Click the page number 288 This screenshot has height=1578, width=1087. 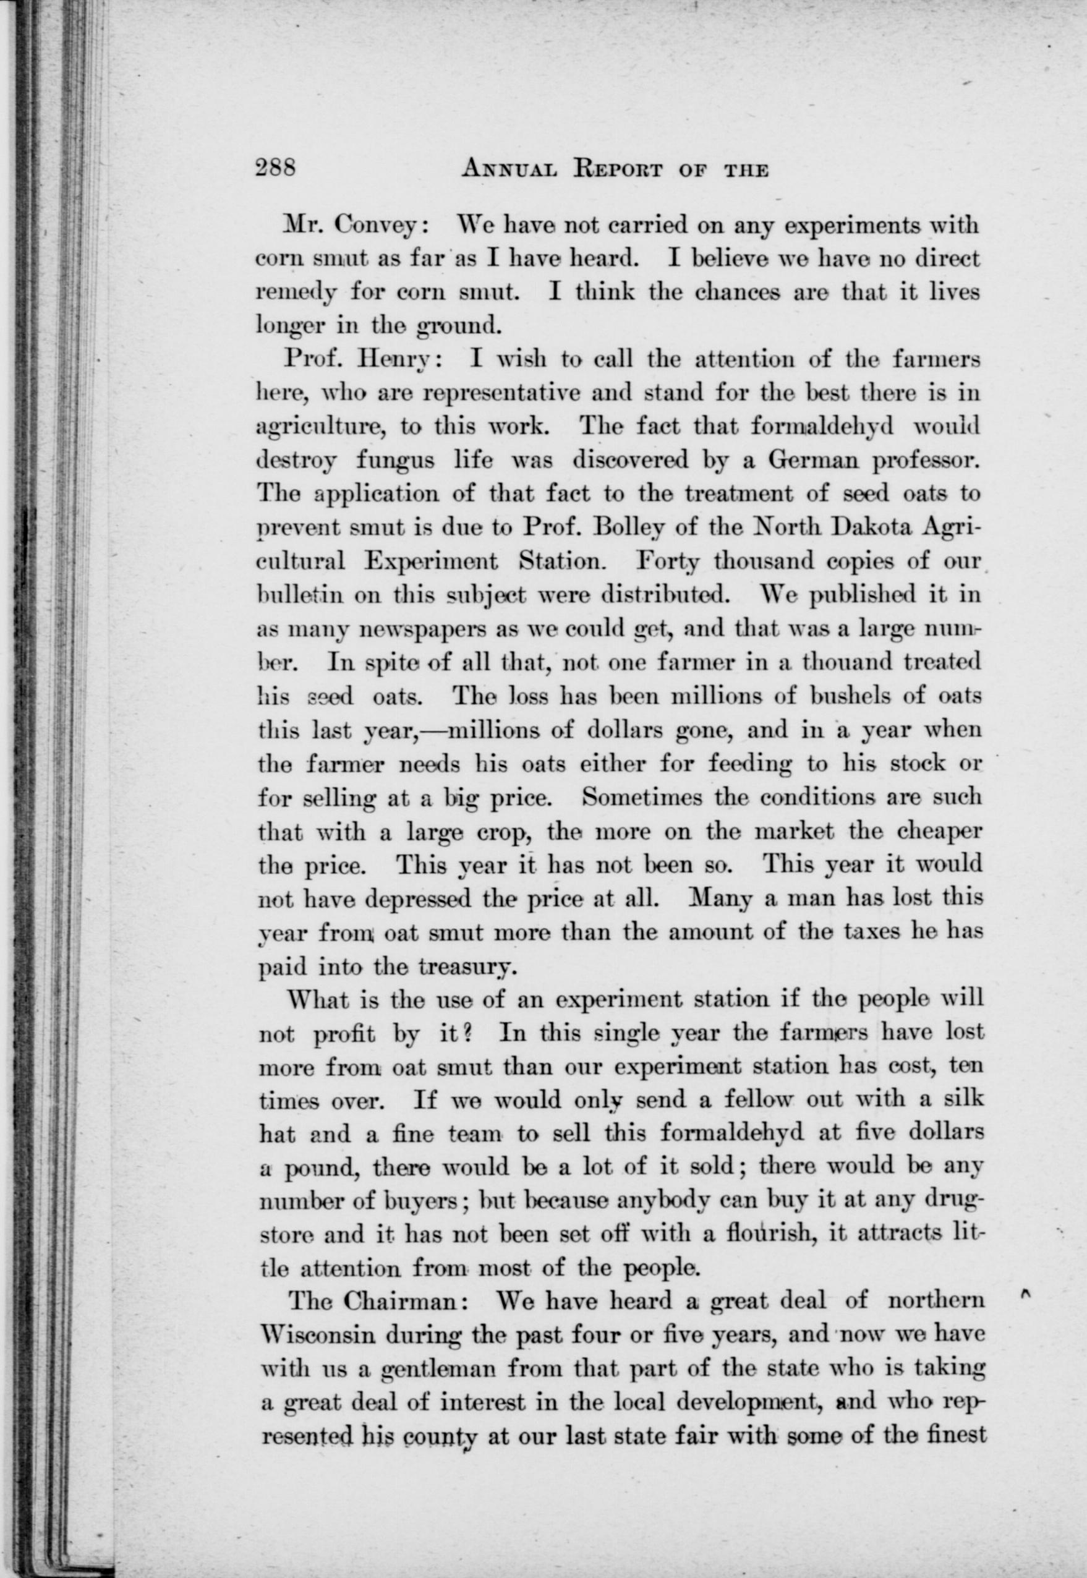[x=276, y=168]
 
